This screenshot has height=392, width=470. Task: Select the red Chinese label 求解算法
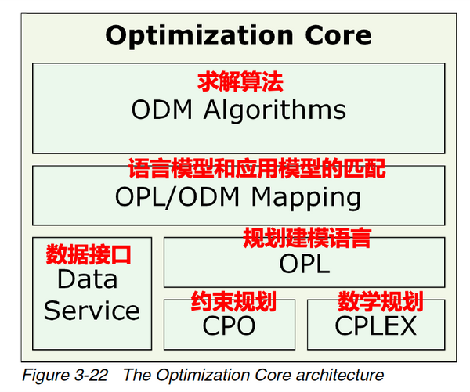point(238,81)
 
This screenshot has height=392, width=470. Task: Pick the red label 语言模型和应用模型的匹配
point(256,168)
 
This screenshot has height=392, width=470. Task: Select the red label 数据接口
point(88,254)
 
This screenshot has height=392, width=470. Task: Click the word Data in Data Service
point(88,279)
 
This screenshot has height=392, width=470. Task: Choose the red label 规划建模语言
point(306,237)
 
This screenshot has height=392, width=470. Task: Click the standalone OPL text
point(305,263)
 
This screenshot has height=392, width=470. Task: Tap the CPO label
point(230,324)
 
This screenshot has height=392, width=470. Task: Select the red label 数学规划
point(380,300)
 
